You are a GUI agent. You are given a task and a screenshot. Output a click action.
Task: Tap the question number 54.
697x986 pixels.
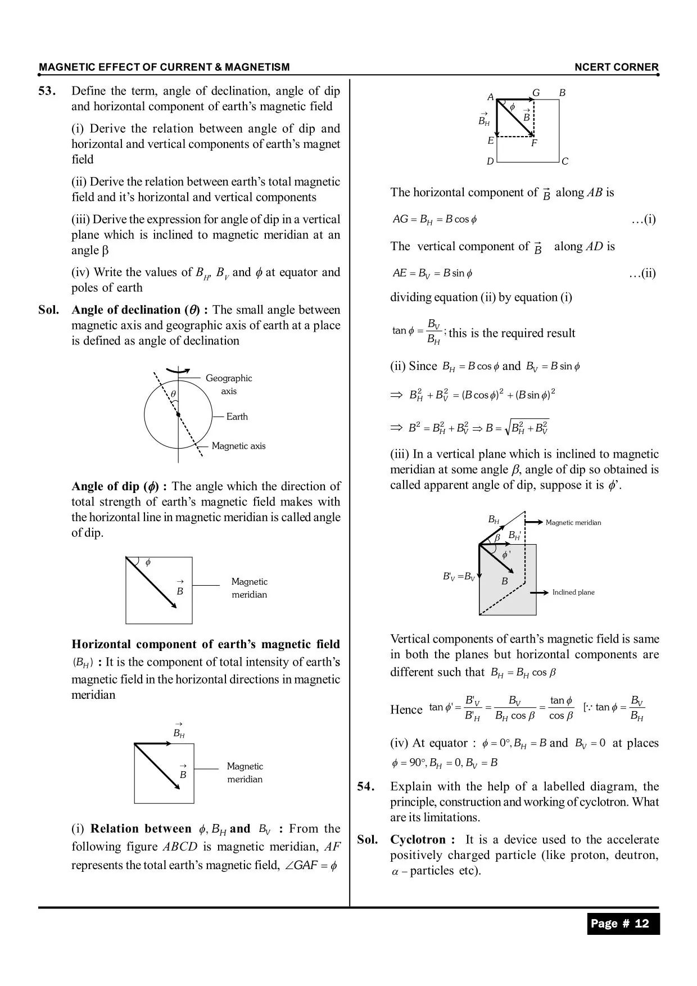coord(365,786)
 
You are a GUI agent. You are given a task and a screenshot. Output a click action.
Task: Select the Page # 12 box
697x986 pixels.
coord(623,924)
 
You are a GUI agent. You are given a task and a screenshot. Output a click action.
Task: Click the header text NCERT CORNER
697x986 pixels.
coord(615,67)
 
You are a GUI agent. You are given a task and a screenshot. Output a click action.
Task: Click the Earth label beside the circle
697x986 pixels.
coord(237,417)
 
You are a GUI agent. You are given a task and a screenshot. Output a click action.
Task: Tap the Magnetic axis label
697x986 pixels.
coord(238,446)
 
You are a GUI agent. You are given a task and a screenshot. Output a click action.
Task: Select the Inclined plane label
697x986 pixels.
coord(573,592)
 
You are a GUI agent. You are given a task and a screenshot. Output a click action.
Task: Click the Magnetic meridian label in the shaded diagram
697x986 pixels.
coord(573,522)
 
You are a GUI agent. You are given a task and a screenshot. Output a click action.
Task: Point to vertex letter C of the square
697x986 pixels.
coord(565,162)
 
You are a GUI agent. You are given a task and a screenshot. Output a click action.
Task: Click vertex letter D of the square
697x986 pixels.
coord(490,162)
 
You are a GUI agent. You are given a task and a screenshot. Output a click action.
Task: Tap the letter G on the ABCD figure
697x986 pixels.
coord(536,93)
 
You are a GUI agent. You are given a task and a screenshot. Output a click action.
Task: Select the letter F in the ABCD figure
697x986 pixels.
coord(534,143)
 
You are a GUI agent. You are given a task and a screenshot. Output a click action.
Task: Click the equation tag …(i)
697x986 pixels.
coord(644,219)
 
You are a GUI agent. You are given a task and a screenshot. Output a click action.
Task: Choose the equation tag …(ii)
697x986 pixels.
coord(642,273)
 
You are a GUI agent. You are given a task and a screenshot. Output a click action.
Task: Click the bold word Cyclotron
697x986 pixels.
coord(418,840)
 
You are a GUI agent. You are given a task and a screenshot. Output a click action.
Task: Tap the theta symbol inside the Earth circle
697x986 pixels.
coord(173,394)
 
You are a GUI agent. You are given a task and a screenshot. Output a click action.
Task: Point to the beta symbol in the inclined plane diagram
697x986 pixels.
coord(497,538)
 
